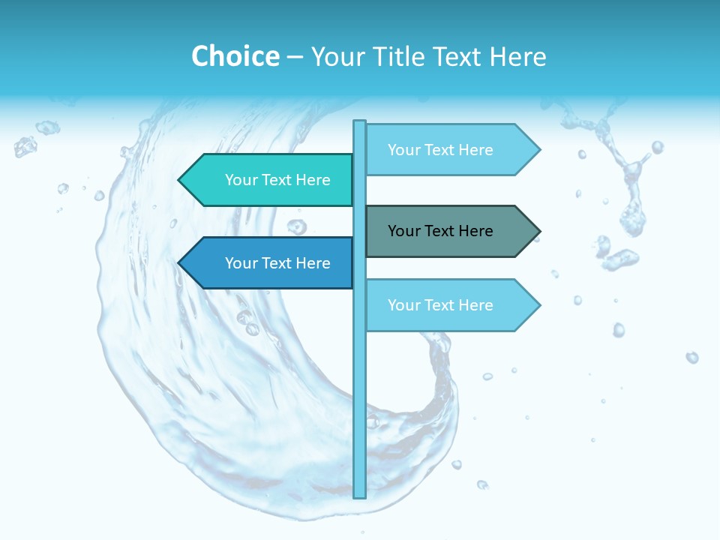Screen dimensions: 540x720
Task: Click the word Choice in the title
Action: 235,56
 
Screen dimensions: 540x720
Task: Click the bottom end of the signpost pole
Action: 360,495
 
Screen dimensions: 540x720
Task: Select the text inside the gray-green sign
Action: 440,231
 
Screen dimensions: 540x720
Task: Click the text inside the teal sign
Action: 277,180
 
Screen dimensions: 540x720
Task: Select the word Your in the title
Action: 335,56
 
